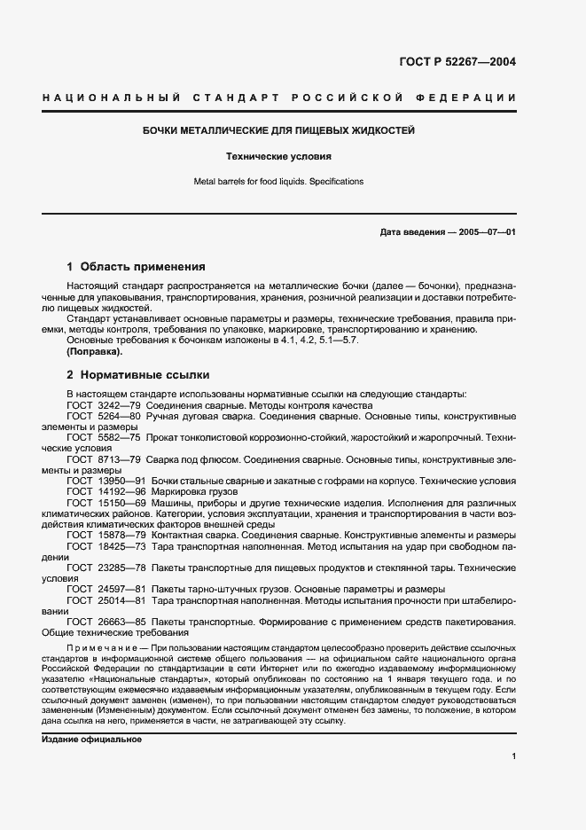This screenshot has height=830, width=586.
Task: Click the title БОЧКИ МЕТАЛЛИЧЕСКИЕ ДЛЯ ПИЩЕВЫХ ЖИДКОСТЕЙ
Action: (x=279, y=130)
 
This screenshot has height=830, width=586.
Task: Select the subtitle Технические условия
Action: (x=279, y=156)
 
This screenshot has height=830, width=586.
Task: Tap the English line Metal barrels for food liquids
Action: (x=279, y=182)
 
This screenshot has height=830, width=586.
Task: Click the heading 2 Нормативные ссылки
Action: (x=137, y=375)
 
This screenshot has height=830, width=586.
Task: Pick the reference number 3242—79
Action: (x=120, y=405)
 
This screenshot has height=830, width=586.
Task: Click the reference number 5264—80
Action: (x=120, y=416)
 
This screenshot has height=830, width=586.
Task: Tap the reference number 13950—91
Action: (x=122, y=480)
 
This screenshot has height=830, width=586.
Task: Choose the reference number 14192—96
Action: (x=122, y=490)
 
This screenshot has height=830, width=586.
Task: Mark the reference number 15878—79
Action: (x=122, y=534)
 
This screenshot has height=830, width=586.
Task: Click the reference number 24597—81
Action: (x=122, y=588)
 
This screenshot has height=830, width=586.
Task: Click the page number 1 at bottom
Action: (x=514, y=756)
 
